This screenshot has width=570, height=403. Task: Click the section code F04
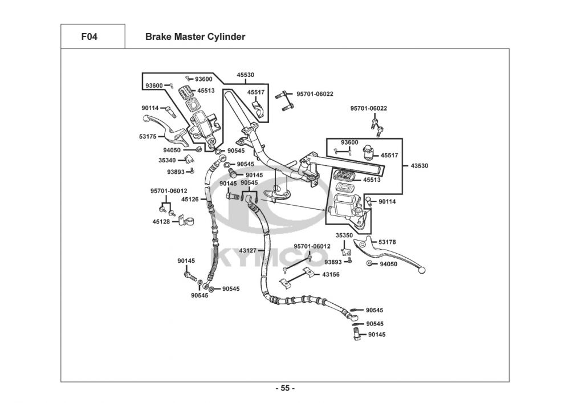[89, 37]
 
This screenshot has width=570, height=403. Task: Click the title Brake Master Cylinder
[195, 37]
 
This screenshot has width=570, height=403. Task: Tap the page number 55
[285, 389]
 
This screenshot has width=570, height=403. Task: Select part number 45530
[245, 75]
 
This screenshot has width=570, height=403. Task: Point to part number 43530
[419, 166]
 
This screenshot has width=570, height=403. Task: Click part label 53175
[148, 137]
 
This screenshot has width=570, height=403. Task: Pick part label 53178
[388, 242]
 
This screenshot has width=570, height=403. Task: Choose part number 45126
[190, 200]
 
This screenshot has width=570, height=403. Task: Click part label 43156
[331, 274]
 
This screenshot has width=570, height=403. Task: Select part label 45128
[161, 222]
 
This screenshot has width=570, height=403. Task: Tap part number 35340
[167, 161]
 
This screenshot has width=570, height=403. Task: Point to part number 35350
[344, 235]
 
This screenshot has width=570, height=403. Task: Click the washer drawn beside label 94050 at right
[370, 263]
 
